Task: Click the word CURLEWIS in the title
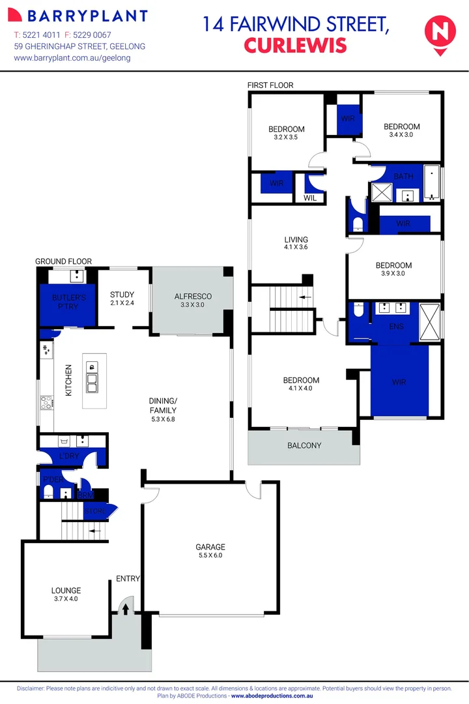pos(294,45)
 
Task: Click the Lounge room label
pos(65,594)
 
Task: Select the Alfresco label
pos(193,301)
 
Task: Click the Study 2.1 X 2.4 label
pos(122,299)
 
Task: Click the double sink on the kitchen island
pos(92,381)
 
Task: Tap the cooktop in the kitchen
pos(46,403)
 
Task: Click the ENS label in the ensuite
pos(396,326)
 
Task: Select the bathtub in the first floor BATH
pos(433,183)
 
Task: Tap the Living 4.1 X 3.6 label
pos(296,243)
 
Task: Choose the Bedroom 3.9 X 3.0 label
pos(393,269)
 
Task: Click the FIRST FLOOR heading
pos(270,85)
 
